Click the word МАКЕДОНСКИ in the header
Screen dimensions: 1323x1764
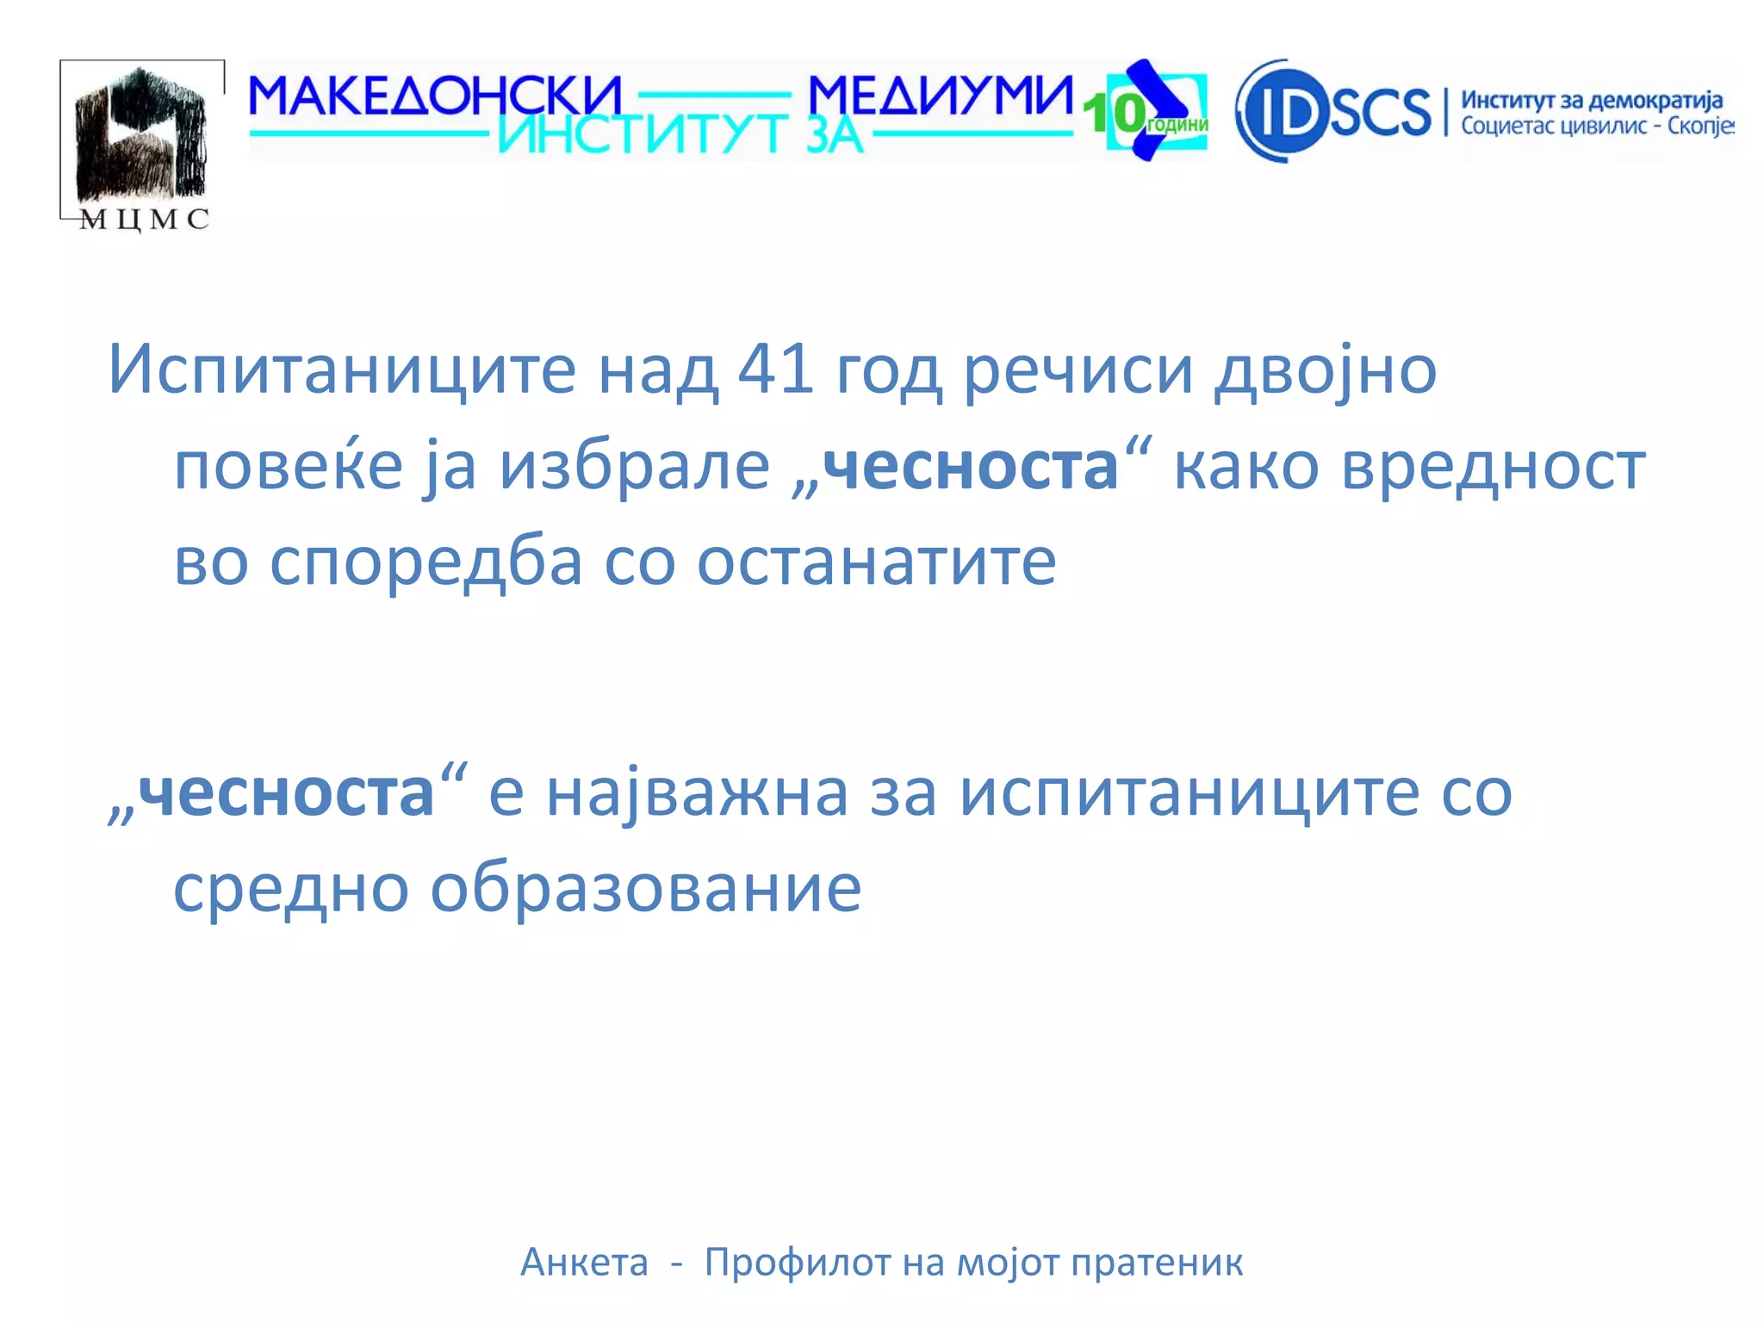(435, 96)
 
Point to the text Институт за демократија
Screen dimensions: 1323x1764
(1592, 100)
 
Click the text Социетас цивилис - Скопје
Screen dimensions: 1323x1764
(1596, 127)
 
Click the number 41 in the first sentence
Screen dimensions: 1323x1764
(776, 369)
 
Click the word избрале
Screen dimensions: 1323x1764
(635, 466)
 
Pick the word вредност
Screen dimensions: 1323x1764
(1494, 466)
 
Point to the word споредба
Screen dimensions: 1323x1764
(426, 562)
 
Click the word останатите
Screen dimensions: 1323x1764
(876, 562)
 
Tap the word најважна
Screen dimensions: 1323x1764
(698, 792)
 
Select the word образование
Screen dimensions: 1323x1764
(645, 888)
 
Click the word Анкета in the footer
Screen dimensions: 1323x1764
(584, 1263)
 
